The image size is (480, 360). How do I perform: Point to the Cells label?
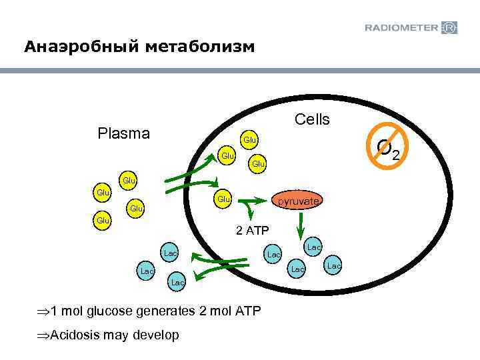pyautogui.click(x=312, y=119)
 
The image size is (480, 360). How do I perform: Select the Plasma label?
pyautogui.click(x=123, y=133)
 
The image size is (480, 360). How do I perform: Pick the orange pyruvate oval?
pyautogui.click(x=299, y=201)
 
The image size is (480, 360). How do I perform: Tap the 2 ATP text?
pyautogui.click(x=252, y=231)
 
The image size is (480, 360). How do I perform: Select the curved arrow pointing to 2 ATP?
pyautogui.click(x=250, y=212)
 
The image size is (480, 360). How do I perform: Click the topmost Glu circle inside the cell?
pyautogui.click(x=250, y=140)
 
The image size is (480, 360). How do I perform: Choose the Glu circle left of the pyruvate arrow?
pyautogui.click(x=223, y=199)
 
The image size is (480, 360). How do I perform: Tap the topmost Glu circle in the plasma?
pyautogui.click(x=129, y=180)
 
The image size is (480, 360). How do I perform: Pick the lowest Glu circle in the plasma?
pyautogui.click(x=102, y=219)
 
